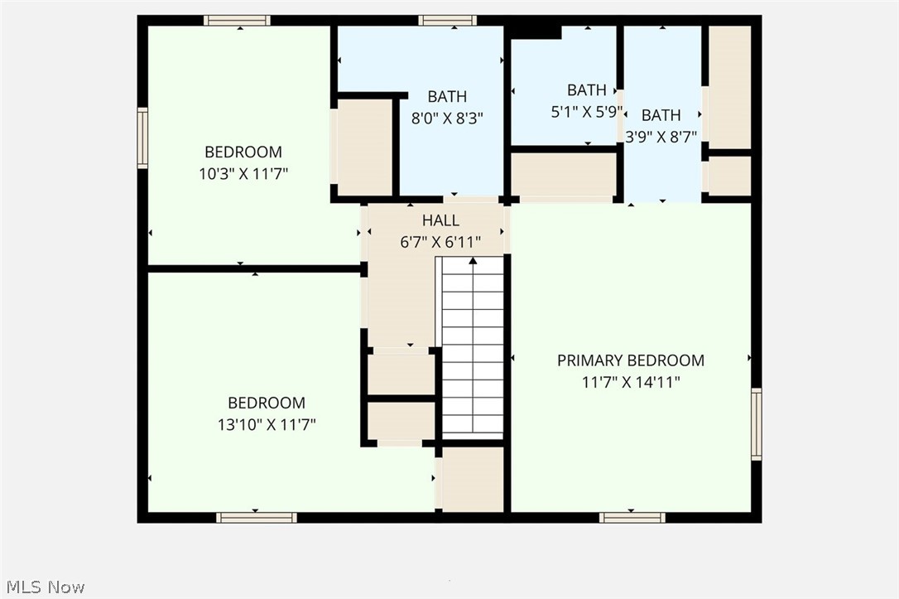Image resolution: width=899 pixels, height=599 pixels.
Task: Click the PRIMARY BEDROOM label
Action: [631, 360]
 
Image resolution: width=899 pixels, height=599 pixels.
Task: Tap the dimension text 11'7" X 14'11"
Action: [631, 382]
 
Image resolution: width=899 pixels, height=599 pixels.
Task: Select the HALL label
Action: [440, 220]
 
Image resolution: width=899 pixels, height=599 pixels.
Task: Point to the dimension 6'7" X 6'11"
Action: [440, 242]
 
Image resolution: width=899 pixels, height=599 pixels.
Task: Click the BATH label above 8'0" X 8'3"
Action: [447, 96]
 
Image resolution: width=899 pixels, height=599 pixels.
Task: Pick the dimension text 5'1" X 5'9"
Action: [586, 112]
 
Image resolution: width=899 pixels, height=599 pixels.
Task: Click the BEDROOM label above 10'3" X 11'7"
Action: [243, 152]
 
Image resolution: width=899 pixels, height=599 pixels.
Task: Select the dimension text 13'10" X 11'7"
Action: [267, 424]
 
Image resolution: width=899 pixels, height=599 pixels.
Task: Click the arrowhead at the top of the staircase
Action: [473, 261]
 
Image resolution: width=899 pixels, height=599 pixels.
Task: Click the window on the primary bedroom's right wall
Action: [756, 424]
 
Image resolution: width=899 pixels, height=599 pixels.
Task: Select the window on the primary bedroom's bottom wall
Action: [632, 517]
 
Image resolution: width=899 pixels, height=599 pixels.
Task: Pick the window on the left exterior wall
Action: [142, 138]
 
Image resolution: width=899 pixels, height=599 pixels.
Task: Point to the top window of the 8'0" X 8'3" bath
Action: [447, 20]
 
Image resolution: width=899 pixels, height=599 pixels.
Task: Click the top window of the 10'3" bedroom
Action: [237, 20]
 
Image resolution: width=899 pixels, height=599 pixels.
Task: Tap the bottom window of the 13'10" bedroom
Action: [257, 517]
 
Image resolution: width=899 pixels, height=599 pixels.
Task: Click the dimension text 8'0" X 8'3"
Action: [447, 118]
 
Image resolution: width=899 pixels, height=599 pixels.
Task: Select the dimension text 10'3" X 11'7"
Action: [243, 173]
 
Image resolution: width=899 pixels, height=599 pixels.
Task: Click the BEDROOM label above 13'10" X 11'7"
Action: [267, 403]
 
